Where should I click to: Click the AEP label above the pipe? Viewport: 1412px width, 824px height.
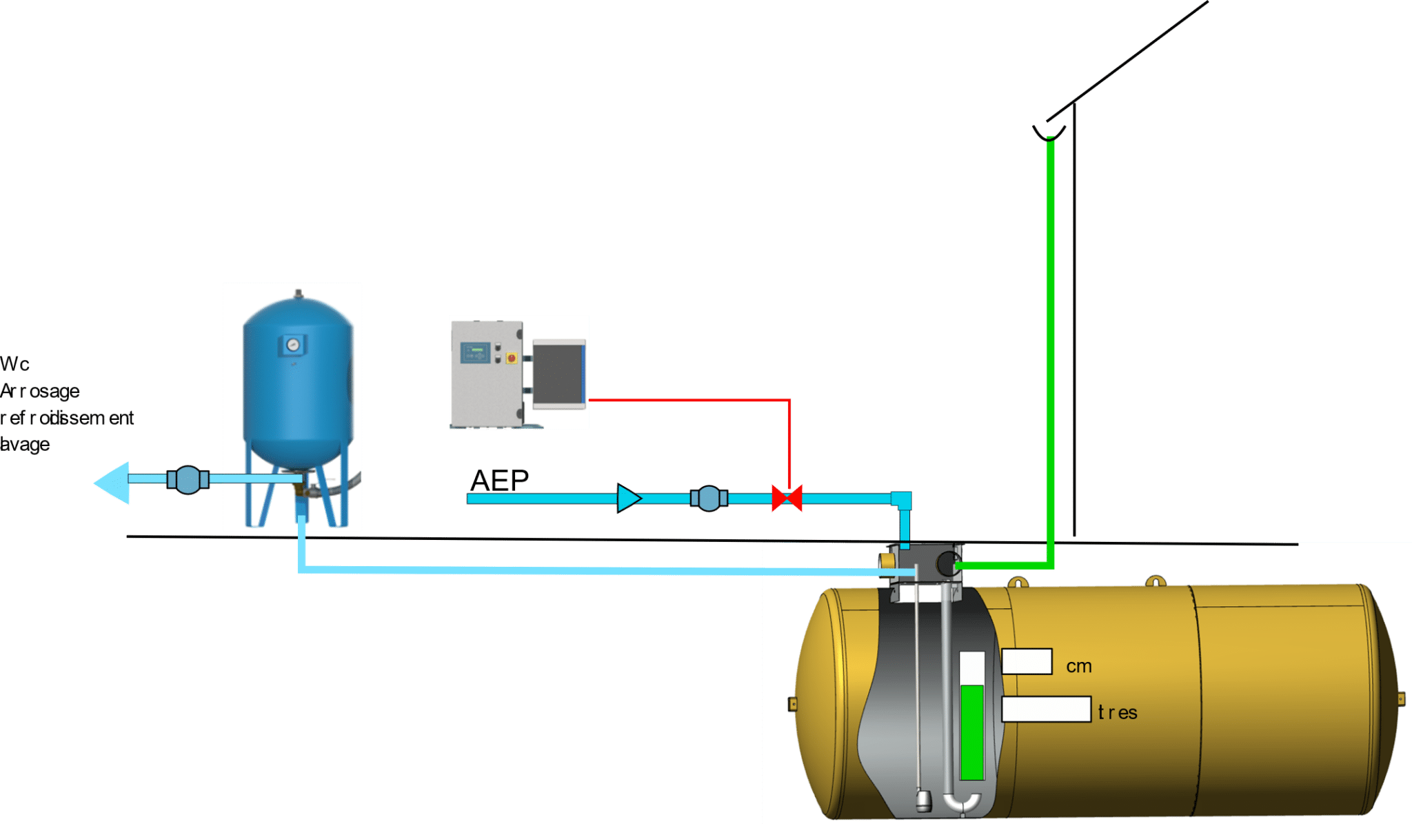(x=499, y=481)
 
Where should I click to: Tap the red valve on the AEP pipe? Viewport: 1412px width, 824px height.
(x=787, y=498)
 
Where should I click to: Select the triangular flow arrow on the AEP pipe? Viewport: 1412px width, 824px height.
(x=627, y=498)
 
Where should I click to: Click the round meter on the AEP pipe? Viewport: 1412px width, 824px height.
(x=709, y=498)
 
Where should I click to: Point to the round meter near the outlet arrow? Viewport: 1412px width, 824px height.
(x=188, y=480)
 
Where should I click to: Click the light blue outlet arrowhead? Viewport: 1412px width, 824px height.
(x=113, y=482)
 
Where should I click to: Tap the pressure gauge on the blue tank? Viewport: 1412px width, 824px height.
(x=293, y=343)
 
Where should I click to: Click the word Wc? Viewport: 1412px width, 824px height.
(x=14, y=364)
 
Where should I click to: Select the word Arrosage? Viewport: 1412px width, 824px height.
(x=40, y=391)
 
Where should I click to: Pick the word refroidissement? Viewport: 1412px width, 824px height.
(x=67, y=418)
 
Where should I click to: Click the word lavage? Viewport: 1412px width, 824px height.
(x=25, y=444)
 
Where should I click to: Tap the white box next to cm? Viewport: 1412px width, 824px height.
(x=1027, y=661)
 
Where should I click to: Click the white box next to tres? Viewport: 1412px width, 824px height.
(x=1046, y=710)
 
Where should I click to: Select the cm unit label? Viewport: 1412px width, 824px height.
(x=1079, y=666)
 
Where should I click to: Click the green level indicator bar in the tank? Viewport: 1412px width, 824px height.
(x=971, y=732)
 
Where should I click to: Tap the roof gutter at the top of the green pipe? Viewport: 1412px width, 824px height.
(x=1049, y=132)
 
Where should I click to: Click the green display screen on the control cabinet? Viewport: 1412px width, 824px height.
(x=475, y=352)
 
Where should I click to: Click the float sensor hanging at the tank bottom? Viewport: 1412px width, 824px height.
(x=922, y=800)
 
